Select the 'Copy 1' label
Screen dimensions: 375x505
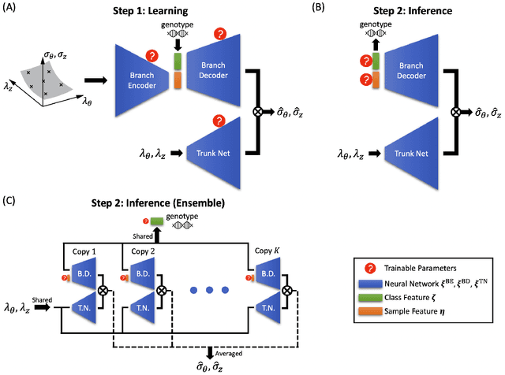click(x=84, y=250)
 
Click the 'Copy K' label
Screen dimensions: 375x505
click(x=267, y=250)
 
